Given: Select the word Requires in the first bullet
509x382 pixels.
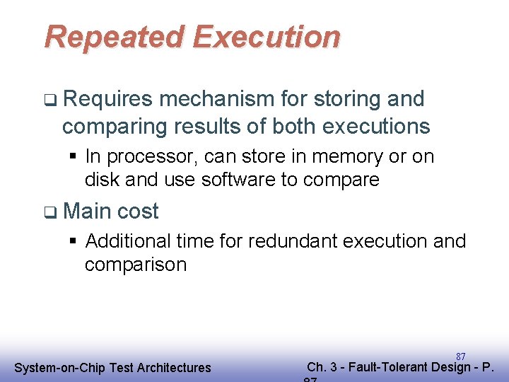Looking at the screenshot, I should (x=107, y=100).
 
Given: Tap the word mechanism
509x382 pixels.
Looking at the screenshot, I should (x=216, y=100).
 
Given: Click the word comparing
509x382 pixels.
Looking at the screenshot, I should (x=110, y=127).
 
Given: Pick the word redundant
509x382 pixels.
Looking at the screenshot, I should (x=292, y=241).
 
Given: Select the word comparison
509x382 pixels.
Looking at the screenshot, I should (x=135, y=265).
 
